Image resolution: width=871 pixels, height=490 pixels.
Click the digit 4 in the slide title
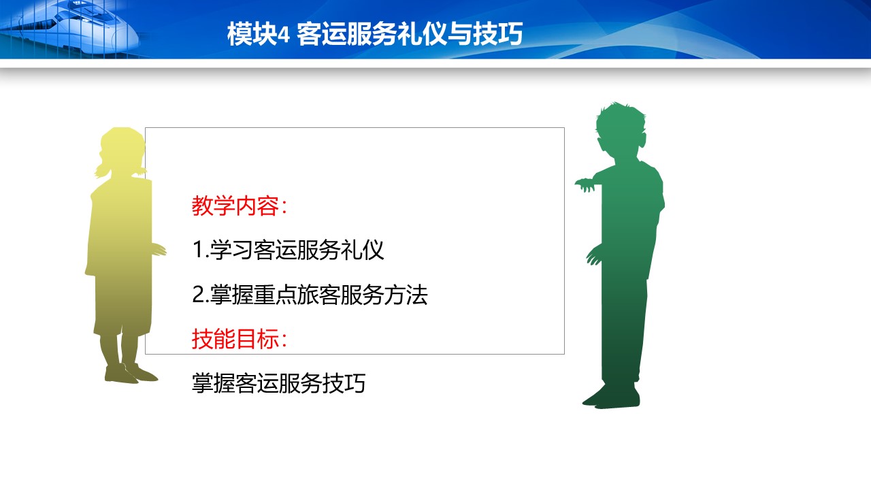(x=284, y=35)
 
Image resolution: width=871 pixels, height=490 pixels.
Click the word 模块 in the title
(x=252, y=34)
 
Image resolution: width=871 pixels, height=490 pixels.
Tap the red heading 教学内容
(x=235, y=206)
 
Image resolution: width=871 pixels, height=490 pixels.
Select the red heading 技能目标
(x=235, y=339)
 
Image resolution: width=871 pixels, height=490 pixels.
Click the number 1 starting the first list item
(x=198, y=250)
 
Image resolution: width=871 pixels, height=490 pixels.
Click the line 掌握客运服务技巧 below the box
(x=278, y=383)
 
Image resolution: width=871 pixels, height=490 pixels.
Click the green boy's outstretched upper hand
(x=585, y=184)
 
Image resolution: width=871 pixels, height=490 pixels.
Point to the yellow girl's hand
(x=159, y=249)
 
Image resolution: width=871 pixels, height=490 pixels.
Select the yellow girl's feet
(x=131, y=374)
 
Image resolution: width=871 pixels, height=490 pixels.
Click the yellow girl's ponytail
(x=102, y=169)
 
